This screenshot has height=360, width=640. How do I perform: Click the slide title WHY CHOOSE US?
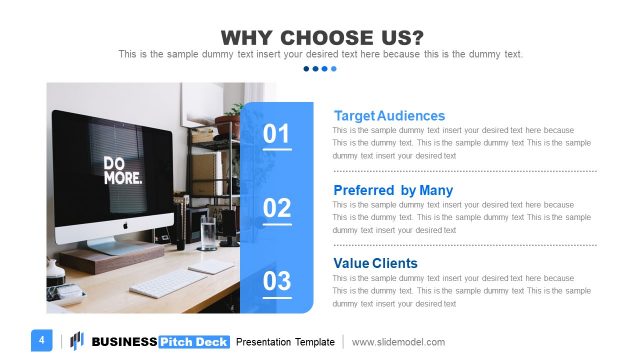[x=320, y=37]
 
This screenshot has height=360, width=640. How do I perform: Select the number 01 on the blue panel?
[x=277, y=135]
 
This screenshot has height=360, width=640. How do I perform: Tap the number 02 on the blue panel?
[x=277, y=208]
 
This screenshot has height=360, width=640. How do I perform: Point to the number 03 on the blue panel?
[x=277, y=281]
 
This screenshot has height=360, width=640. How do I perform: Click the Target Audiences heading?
[x=389, y=116]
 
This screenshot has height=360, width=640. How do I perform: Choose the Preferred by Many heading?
[x=392, y=190]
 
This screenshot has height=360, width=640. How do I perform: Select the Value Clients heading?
[x=375, y=264]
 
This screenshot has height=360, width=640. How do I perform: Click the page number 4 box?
[x=42, y=340]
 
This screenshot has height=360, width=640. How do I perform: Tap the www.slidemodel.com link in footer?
[x=398, y=342]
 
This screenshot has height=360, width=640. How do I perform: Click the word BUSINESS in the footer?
[x=124, y=342]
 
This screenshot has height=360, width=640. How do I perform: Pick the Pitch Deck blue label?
[x=194, y=342]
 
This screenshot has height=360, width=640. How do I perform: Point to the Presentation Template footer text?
[x=285, y=342]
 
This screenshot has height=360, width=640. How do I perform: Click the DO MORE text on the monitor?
[x=122, y=169]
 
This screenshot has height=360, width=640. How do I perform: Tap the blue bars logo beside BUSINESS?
[x=77, y=341]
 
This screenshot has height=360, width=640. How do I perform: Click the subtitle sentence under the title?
[x=320, y=54]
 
